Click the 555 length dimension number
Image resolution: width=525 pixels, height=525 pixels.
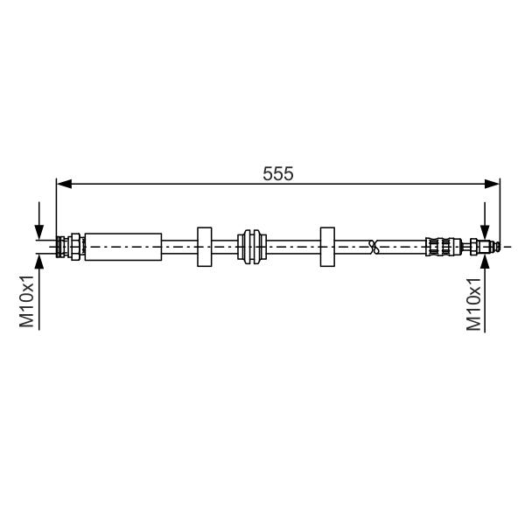pyautogui.click(x=278, y=174)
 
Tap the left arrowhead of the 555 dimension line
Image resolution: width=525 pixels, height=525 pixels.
pyautogui.click(x=64, y=184)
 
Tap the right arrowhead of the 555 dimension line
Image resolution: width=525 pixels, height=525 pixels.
pyautogui.click(x=492, y=184)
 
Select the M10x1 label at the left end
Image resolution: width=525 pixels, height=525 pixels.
pyautogui.click(x=27, y=301)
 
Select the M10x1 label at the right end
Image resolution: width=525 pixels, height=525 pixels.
pyautogui.click(x=473, y=304)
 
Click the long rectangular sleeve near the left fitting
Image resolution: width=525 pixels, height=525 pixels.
pyautogui.click(x=123, y=247)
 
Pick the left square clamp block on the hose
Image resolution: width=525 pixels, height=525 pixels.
pyautogui.click(x=204, y=247)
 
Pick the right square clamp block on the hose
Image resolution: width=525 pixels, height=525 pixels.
pyautogui.click(x=327, y=247)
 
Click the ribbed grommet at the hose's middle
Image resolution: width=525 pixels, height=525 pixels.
pyautogui.click(x=252, y=247)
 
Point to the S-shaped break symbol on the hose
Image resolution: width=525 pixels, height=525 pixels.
pyautogui.click(x=374, y=247)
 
